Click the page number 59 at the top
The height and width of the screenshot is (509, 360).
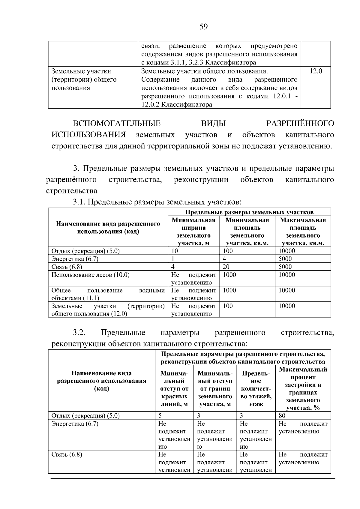coord(203,27)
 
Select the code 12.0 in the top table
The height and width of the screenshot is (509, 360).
coord(316,71)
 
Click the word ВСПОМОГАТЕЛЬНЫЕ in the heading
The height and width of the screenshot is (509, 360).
coord(117,124)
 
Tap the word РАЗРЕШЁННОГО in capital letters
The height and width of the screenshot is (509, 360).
coord(300,124)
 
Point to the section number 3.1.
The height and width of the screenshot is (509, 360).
coord(79,202)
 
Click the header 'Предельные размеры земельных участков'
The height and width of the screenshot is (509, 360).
coord(249,212)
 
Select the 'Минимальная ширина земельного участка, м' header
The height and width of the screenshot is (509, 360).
coord(193,232)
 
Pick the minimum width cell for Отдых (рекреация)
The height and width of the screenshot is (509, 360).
coord(175,251)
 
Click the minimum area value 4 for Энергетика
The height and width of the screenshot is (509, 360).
coord(224,259)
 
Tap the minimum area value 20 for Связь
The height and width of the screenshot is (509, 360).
coord(226,267)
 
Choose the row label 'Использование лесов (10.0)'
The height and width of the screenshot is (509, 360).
coord(90,275)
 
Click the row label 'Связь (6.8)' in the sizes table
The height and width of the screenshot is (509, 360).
coord(67,267)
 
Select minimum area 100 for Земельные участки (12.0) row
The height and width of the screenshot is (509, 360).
coord(228,306)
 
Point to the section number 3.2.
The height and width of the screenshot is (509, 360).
coord(79,333)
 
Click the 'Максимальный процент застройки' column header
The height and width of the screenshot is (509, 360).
coord(303,388)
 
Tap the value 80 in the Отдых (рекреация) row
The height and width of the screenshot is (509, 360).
coord(282,416)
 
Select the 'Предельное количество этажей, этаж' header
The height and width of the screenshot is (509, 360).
coord(256,389)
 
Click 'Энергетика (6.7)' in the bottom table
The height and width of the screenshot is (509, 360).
coord(75,424)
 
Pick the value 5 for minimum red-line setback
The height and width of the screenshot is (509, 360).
coord(160,416)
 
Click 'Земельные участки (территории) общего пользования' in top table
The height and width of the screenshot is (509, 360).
coord(84,80)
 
